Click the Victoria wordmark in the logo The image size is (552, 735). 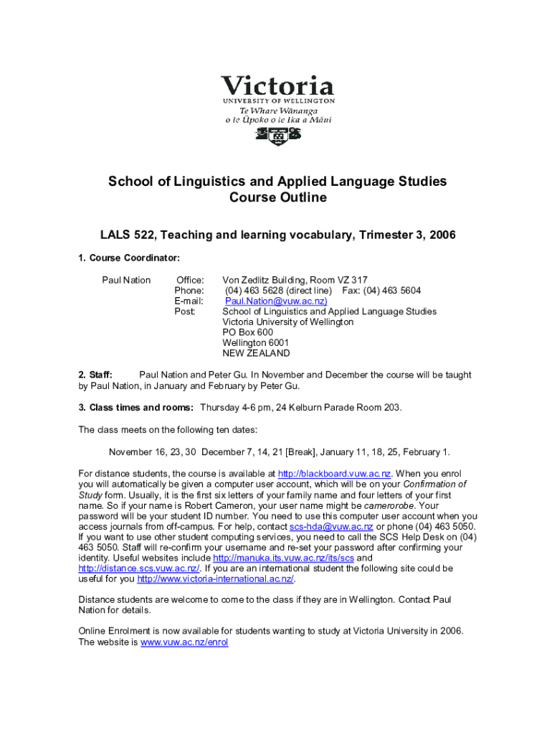pyautogui.click(x=277, y=86)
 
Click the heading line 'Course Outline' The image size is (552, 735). pyautogui.click(x=277, y=197)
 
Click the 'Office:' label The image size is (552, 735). pyautogui.click(x=190, y=280)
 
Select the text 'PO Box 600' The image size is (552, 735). pyautogui.click(x=247, y=332)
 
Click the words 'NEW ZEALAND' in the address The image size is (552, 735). pyautogui.click(x=256, y=353)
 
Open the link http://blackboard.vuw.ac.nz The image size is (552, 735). pyautogui.click(x=334, y=474)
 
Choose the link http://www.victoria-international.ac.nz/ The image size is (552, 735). pyautogui.click(x=216, y=579)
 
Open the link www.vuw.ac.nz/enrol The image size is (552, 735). pyautogui.click(x=184, y=642)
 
